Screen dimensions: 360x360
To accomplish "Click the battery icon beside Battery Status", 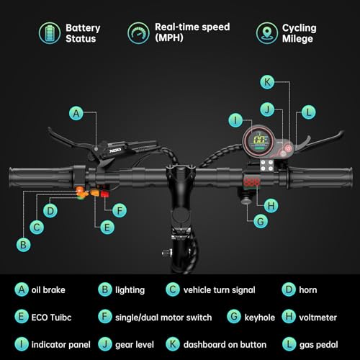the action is (x=50, y=33).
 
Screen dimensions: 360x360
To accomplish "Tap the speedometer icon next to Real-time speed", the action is (x=138, y=33).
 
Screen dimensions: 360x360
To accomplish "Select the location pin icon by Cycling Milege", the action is (x=266, y=33).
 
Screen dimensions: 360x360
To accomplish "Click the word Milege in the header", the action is (x=297, y=39).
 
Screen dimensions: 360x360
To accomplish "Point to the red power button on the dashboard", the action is (x=288, y=148).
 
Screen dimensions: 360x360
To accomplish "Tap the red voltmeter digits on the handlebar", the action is (x=252, y=182).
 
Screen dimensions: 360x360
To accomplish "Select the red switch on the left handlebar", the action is (x=104, y=194).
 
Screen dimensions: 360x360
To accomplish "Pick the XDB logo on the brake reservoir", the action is (x=115, y=150).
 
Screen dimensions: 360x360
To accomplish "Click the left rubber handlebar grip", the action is (x=41, y=178).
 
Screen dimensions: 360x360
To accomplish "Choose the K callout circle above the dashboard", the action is (x=267, y=82).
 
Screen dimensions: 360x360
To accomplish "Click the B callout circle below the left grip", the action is (x=23, y=245).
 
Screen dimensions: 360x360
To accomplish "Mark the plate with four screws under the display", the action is (x=267, y=166).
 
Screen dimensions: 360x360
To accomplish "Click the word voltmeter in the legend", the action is (x=318, y=318).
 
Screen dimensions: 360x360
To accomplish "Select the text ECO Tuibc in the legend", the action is (x=51, y=318).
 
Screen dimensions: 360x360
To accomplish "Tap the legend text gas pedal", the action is (x=318, y=345).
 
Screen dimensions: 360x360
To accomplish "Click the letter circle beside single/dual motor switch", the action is (x=105, y=317).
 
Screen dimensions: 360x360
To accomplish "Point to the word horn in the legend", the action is (x=308, y=290).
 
